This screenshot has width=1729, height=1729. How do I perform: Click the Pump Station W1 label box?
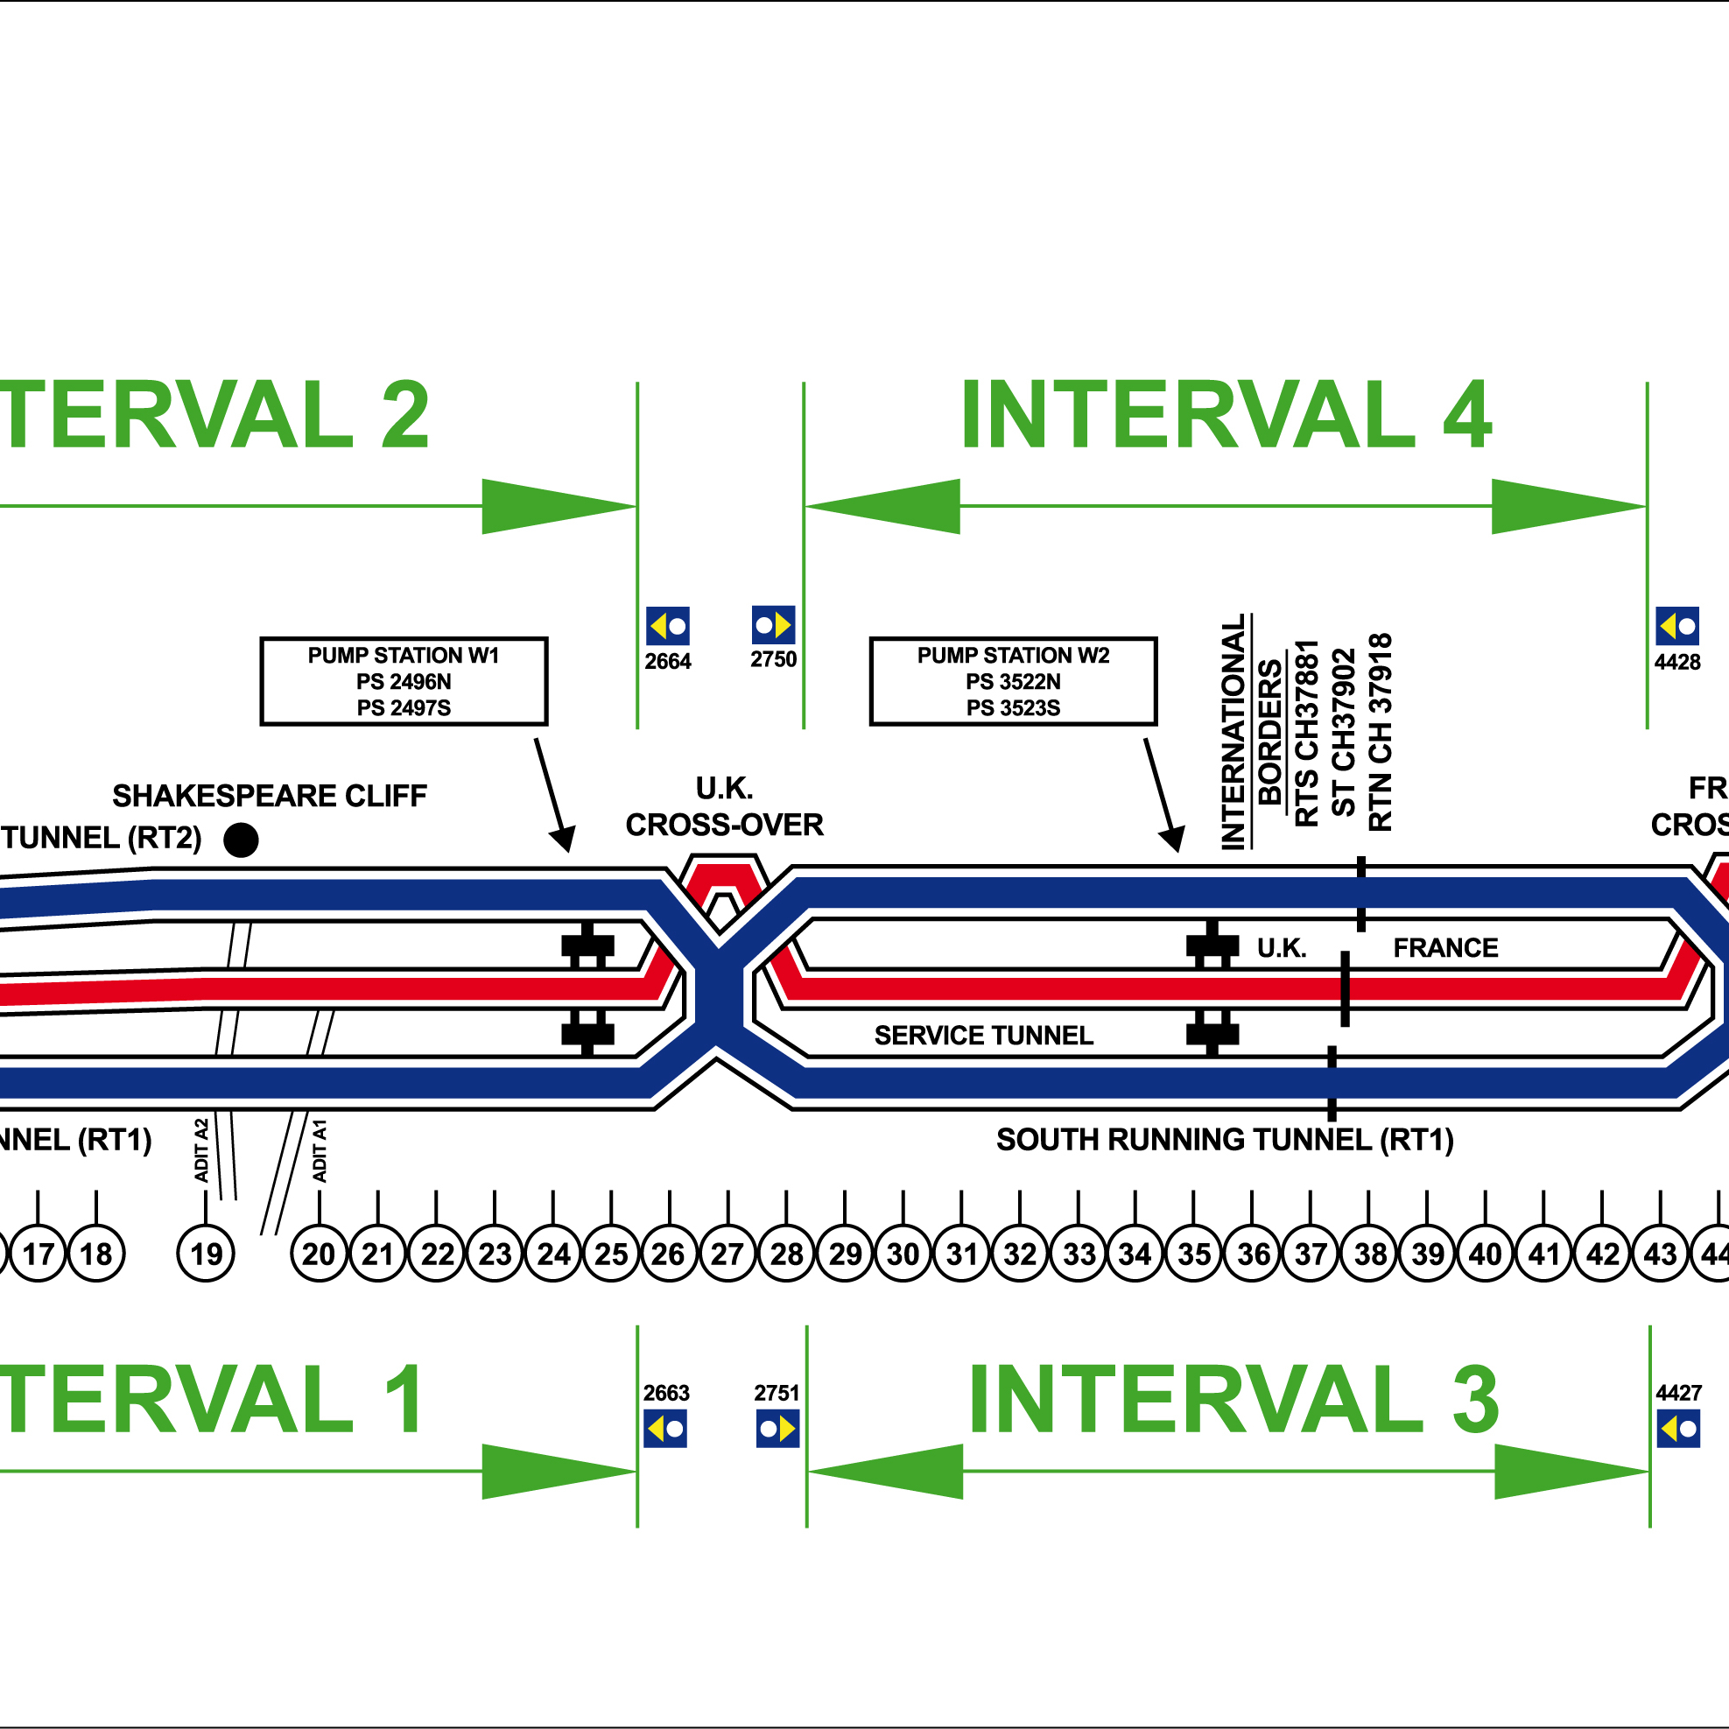(x=404, y=681)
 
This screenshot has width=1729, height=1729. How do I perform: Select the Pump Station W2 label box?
(x=1013, y=681)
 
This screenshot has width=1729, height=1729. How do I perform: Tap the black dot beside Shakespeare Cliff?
(x=241, y=840)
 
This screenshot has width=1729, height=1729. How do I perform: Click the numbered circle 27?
(x=727, y=1254)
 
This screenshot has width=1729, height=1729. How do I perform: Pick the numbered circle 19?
(x=206, y=1254)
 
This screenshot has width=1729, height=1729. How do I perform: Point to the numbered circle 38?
(x=1370, y=1254)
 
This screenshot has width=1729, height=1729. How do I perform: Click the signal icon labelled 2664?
(x=668, y=626)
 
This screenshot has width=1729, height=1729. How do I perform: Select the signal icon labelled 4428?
(x=1677, y=626)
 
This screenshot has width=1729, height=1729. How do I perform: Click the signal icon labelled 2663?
(x=666, y=1430)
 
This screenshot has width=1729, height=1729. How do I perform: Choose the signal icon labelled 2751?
(x=777, y=1430)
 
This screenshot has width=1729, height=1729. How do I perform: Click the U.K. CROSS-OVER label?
(x=724, y=806)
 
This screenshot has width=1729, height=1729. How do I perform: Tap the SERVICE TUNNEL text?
(x=983, y=1036)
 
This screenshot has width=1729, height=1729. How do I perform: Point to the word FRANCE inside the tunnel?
(x=1445, y=948)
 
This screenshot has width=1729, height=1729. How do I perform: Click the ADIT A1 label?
(x=320, y=1151)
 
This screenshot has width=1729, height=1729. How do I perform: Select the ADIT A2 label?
(x=201, y=1150)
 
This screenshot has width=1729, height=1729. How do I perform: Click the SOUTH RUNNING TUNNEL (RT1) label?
(x=1224, y=1140)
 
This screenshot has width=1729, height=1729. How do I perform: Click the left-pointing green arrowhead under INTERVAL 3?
(x=886, y=1471)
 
